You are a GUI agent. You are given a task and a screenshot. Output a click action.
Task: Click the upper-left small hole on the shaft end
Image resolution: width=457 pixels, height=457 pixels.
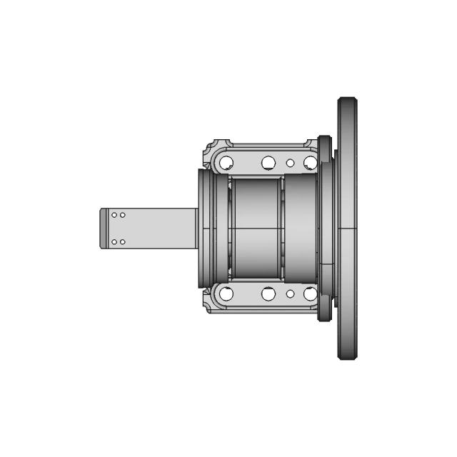pyautogui.click(x=114, y=215)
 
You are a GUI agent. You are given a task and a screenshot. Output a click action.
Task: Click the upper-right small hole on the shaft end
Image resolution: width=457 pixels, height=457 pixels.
pyautogui.click(x=123, y=215)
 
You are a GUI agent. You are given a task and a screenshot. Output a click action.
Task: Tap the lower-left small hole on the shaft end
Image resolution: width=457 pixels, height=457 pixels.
pyautogui.click(x=114, y=242)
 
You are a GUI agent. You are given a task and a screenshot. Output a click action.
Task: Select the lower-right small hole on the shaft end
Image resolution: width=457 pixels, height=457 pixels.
pyautogui.click(x=123, y=242)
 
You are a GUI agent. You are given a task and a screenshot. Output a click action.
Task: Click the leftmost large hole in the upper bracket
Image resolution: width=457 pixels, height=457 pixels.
pyautogui.click(x=226, y=163)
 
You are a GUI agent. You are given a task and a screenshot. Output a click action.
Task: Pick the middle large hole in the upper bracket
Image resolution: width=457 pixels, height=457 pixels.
pyautogui.click(x=268, y=163)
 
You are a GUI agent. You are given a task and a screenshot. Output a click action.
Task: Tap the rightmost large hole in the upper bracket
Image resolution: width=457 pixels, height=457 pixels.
pyautogui.click(x=310, y=163)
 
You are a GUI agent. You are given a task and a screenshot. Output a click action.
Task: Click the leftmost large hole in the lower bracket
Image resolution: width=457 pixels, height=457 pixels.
pyautogui.click(x=226, y=293)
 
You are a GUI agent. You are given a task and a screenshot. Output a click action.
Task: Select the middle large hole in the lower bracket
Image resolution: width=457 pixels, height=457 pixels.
pyautogui.click(x=268, y=293)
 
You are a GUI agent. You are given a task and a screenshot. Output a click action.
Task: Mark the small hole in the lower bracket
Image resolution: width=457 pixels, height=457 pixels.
pyautogui.click(x=290, y=293)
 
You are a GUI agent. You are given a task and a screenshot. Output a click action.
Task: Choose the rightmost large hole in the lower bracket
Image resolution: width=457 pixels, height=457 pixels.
pyautogui.click(x=310, y=293)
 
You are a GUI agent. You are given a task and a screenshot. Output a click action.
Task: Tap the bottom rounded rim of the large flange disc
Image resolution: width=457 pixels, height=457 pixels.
pyautogui.click(x=348, y=355)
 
